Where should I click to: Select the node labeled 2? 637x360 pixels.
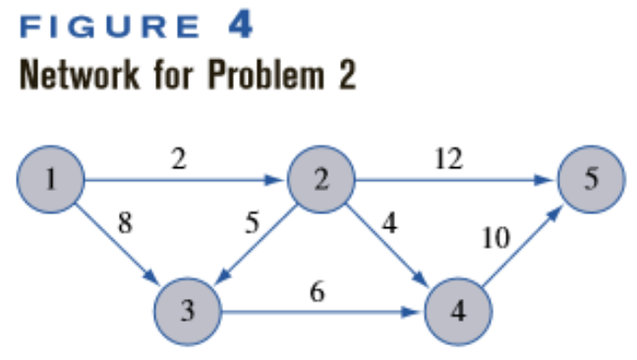pos(320,180)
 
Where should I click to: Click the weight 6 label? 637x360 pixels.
pos(317,292)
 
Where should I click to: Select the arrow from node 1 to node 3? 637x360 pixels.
pos(120,246)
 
